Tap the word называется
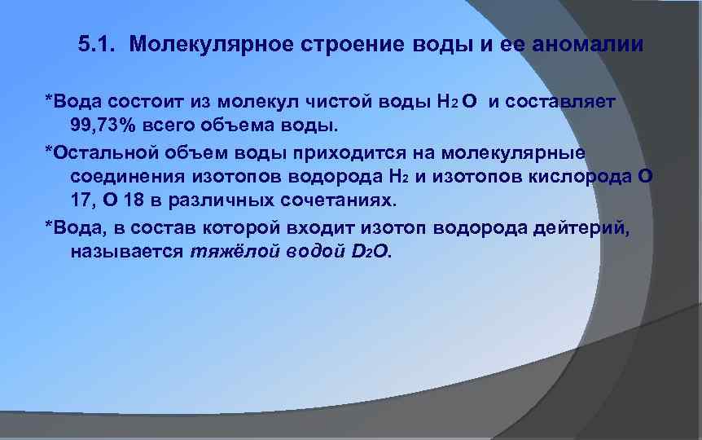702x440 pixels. point(126,252)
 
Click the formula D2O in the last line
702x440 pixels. point(371,252)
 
